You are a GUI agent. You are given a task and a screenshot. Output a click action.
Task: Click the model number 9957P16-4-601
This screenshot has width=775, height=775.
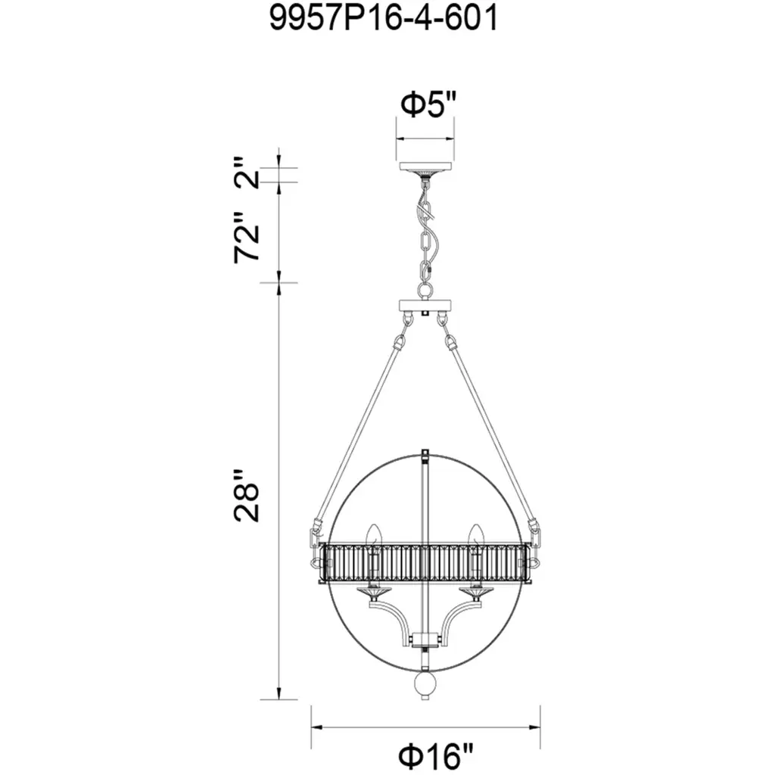[x=384, y=19]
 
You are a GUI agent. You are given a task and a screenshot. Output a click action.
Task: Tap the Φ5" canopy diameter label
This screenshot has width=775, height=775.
[x=428, y=104]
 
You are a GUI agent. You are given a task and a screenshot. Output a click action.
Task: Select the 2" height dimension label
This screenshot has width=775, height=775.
[x=246, y=173]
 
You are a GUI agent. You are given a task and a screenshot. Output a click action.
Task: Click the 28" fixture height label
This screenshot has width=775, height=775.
[x=246, y=496]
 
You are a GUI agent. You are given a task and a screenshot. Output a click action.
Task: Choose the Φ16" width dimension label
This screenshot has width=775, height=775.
[x=436, y=756]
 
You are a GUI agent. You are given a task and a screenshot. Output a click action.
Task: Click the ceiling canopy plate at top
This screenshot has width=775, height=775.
[x=425, y=167]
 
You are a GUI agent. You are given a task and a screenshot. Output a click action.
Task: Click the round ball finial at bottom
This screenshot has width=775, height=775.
[x=425, y=683]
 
